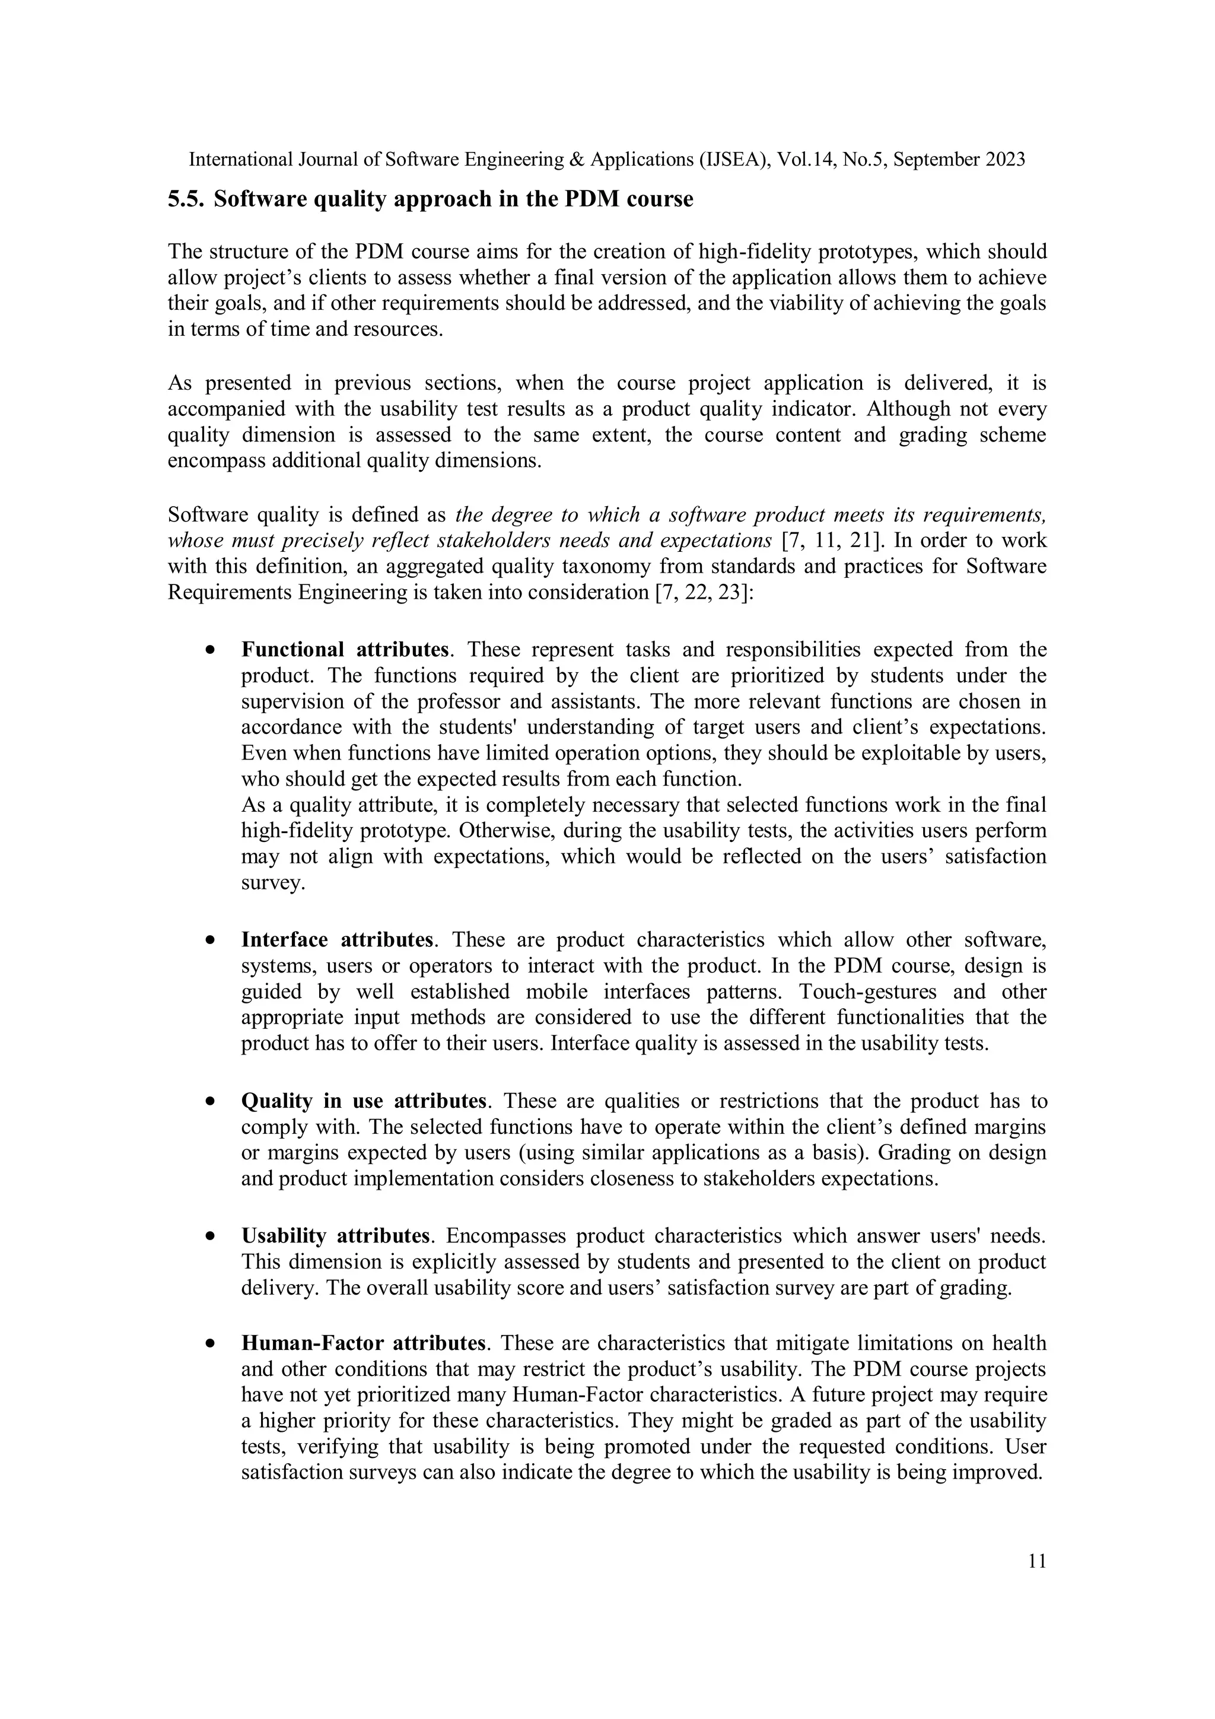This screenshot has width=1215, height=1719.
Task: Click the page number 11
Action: (1037, 1561)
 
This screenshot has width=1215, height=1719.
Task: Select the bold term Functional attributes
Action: (345, 649)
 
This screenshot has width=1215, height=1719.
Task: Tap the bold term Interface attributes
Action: (337, 940)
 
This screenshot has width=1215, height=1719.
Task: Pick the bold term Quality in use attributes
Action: (364, 1101)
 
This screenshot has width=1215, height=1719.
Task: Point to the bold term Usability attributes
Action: (335, 1236)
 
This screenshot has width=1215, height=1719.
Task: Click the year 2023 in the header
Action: (1004, 160)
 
